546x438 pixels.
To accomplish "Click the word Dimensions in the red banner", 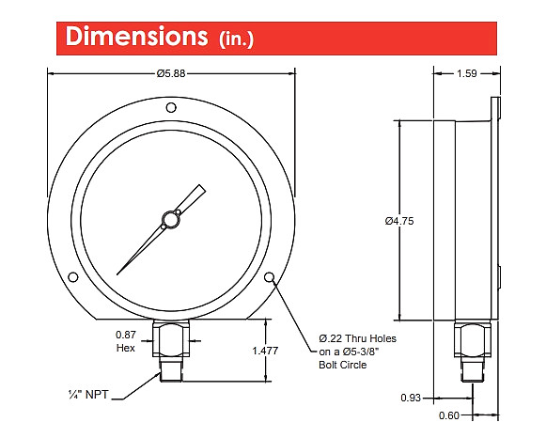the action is [136, 37].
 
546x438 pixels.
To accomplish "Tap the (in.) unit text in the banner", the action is [236, 39].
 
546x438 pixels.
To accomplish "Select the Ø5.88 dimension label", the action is [171, 73].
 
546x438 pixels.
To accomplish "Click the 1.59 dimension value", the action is [467, 73].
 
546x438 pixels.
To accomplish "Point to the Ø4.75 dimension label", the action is [399, 221].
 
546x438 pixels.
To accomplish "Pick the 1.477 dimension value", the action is [265, 351].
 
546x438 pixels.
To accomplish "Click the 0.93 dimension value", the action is [411, 398].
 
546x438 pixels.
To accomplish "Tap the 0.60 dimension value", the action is [449, 415].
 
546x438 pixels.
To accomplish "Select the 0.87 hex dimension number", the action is [125, 335].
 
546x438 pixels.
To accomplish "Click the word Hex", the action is [125, 348].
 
